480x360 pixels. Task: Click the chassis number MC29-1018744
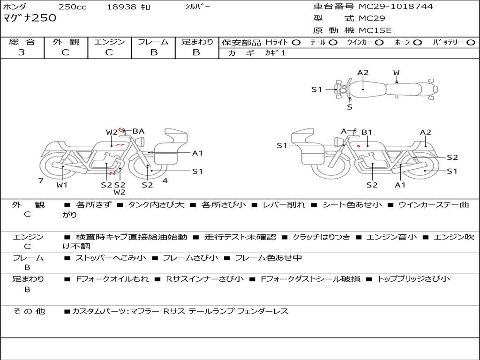point(396,7)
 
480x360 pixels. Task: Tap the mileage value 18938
point(121,7)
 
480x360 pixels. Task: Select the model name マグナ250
point(30,18)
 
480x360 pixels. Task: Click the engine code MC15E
point(375,30)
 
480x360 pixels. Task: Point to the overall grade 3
point(22,52)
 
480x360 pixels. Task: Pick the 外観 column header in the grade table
point(66,42)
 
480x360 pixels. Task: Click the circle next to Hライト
point(296,42)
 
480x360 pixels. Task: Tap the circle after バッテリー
point(470,42)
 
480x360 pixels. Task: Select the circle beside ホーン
point(417,42)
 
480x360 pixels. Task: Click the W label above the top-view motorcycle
point(396,73)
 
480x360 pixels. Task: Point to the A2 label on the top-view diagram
point(363,73)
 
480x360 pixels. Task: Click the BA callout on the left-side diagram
point(138,131)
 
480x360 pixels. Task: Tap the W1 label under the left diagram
point(62,185)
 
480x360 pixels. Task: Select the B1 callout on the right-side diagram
point(367,132)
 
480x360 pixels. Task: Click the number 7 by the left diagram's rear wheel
point(41,180)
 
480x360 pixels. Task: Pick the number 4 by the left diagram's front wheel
point(165,180)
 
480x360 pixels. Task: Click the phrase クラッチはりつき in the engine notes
point(322,237)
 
